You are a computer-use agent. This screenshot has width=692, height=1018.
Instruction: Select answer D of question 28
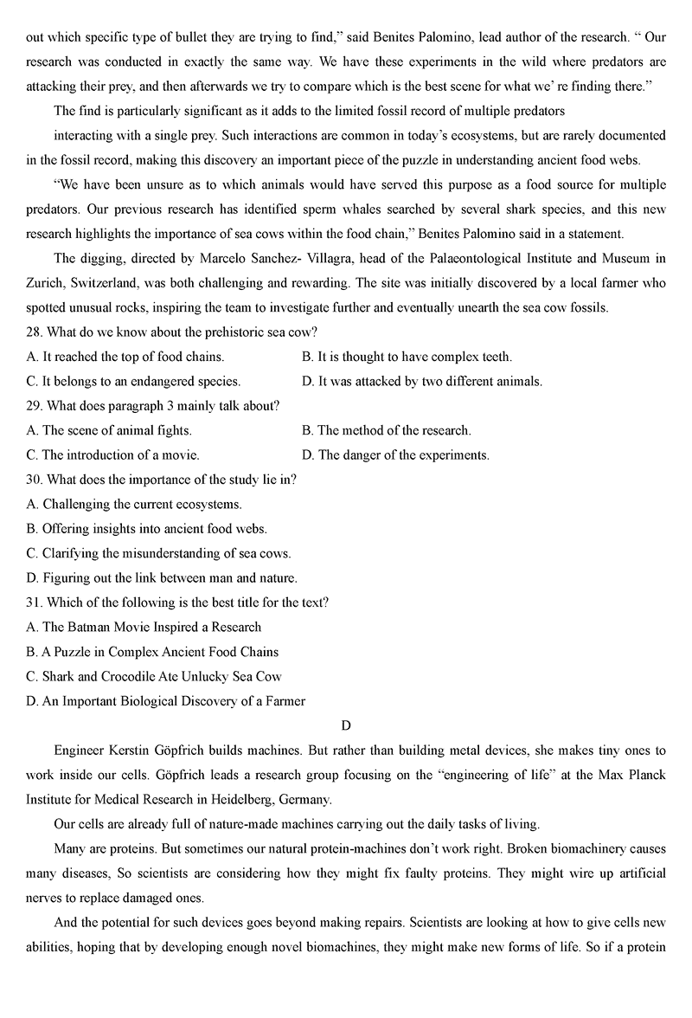pyautogui.click(x=422, y=381)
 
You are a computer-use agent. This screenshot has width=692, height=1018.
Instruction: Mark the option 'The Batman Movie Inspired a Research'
pyautogui.click(x=144, y=627)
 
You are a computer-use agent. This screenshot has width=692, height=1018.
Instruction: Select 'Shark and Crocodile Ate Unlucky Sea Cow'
pyautogui.click(x=154, y=676)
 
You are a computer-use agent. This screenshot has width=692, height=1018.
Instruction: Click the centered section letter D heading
pyautogui.click(x=346, y=725)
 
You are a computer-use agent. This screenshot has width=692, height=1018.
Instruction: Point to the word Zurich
pyautogui.click(x=44, y=282)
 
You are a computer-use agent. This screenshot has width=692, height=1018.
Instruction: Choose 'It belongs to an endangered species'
pyautogui.click(x=133, y=381)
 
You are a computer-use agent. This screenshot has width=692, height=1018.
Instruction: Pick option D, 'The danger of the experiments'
pyautogui.click(x=395, y=454)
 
